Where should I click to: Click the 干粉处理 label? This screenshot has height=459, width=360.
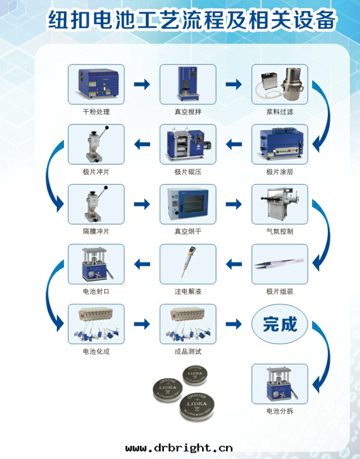point(96,112)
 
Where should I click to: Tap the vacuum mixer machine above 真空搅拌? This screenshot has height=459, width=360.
point(187,84)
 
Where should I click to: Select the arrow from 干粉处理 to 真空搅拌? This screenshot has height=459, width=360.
point(142,84)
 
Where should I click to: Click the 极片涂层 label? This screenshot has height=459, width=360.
point(280,172)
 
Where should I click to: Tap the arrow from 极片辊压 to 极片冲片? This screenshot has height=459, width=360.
point(142,144)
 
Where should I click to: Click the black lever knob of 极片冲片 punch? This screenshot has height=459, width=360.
point(107,127)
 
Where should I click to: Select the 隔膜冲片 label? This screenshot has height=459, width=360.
point(96,232)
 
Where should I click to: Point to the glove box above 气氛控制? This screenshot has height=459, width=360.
point(280,203)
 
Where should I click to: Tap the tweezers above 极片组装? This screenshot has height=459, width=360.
point(279,264)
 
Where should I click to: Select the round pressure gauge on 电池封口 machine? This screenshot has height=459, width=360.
point(91,274)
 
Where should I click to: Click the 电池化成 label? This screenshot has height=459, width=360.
point(96,351)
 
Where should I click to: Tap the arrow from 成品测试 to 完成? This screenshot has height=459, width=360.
point(234,324)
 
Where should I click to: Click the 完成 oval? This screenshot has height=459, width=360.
point(280,324)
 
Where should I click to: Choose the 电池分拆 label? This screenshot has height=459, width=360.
point(280,411)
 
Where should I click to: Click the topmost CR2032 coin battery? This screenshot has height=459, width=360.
point(195,375)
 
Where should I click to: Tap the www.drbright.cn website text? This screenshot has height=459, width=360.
point(179,448)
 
